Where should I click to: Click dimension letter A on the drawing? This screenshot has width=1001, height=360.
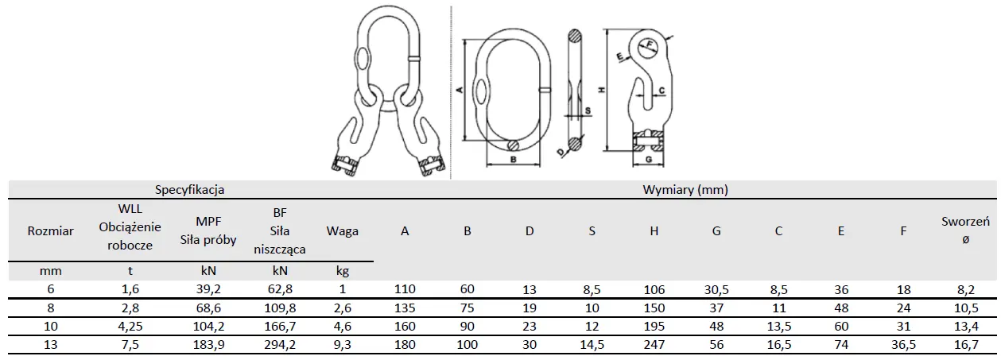(460, 91)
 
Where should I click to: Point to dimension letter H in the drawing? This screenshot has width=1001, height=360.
(602, 90)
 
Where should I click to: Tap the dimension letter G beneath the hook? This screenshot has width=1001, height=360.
(649, 159)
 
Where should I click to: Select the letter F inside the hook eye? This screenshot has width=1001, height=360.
(649, 44)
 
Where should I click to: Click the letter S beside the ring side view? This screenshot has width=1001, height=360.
(588, 110)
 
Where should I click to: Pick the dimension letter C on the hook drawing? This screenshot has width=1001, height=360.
(662, 91)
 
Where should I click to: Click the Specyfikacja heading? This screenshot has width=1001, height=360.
(189, 190)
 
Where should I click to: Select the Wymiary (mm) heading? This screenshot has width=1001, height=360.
(685, 190)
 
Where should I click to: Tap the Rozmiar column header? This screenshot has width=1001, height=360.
(51, 231)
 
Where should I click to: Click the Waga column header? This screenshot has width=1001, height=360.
(343, 231)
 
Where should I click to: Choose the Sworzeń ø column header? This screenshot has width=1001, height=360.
(965, 231)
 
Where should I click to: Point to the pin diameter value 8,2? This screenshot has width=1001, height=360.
(965, 289)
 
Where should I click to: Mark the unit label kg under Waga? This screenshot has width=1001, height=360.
(343, 271)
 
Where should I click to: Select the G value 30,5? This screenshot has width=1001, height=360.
(716, 289)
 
